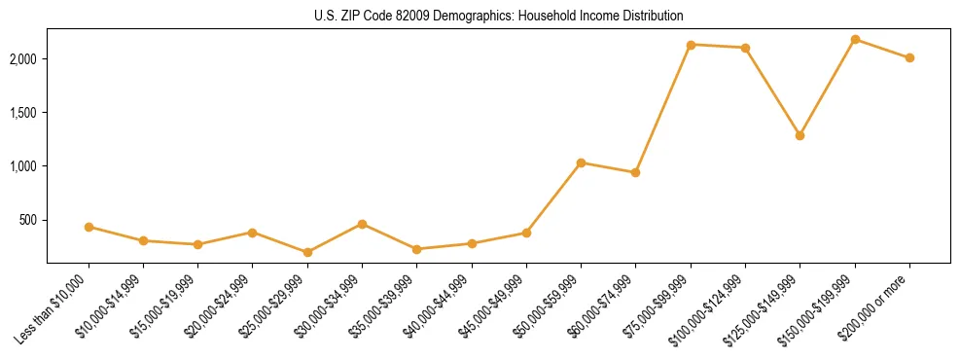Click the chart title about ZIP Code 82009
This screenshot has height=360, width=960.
[x=498, y=16]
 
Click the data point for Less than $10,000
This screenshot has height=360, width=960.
[x=89, y=227]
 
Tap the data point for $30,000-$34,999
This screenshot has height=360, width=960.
[x=362, y=224]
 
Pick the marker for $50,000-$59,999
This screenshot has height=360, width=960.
[x=581, y=162]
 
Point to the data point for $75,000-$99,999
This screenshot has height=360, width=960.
[x=691, y=45]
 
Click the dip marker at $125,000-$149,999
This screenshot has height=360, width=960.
[x=800, y=135]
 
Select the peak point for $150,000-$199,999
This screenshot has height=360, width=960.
[x=855, y=39]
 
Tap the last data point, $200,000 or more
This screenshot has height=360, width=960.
[x=909, y=57]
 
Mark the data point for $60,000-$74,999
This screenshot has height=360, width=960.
[x=635, y=172]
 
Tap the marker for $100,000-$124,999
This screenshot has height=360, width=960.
[x=745, y=48]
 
